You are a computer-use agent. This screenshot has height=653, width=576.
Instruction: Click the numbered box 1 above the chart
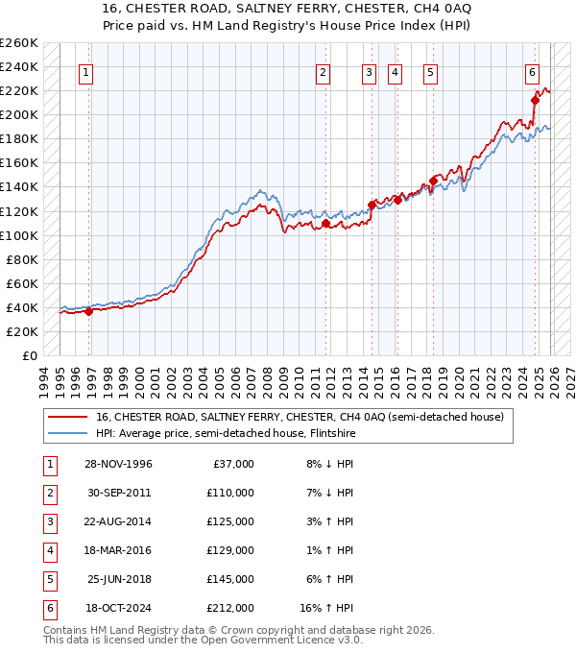point(86,72)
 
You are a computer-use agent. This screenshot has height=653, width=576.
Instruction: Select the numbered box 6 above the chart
point(532,72)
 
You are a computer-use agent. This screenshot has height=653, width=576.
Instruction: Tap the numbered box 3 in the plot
point(369,72)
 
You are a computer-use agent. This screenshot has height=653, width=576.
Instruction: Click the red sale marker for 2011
point(325,224)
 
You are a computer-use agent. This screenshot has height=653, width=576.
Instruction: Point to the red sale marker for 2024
point(535,100)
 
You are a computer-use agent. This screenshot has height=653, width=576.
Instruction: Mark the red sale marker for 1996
point(88,311)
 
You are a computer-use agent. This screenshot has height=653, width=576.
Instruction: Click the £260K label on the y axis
point(19,43)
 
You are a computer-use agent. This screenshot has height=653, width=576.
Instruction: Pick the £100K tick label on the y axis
point(19,235)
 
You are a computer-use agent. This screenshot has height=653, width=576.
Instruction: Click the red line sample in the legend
point(68,417)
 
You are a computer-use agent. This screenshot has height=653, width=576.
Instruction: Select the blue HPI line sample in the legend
point(68,433)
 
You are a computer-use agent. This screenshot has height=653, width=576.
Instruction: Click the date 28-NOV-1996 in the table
point(119,464)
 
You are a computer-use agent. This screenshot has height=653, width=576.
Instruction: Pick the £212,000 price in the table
point(229,608)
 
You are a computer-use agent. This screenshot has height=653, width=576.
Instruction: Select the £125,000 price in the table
point(229,521)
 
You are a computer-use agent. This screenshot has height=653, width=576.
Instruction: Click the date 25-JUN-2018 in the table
point(119,579)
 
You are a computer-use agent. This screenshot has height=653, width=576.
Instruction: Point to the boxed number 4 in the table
point(48,550)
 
